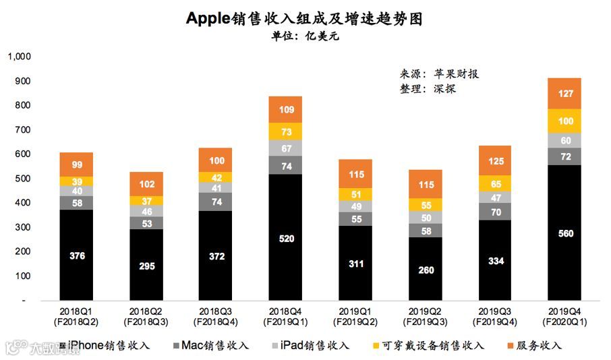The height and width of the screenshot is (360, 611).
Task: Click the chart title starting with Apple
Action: click(305, 18)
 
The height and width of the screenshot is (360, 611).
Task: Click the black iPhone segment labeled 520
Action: click(285, 238)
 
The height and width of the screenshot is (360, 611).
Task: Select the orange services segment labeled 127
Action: click(564, 94)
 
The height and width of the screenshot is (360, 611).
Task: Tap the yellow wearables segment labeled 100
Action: click(564, 121)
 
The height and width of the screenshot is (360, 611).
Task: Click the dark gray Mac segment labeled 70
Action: click(494, 212)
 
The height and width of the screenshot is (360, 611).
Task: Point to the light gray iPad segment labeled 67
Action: click(285, 148)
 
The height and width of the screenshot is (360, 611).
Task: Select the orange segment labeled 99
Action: click(76, 164)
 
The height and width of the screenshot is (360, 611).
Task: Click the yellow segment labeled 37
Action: click(146, 201)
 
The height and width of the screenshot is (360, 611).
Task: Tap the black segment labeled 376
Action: click(76, 255)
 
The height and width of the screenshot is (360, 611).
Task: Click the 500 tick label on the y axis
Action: click(23, 179)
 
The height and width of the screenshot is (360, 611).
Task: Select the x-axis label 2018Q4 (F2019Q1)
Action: click(285, 317)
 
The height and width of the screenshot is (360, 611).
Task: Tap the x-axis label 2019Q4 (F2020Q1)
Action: click(564, 317)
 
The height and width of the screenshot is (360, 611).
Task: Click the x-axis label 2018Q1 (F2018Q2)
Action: click(76, 317)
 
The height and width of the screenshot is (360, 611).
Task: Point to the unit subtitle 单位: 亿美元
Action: click(305, 36)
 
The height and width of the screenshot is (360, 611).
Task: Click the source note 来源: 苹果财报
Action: click(439, 74)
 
